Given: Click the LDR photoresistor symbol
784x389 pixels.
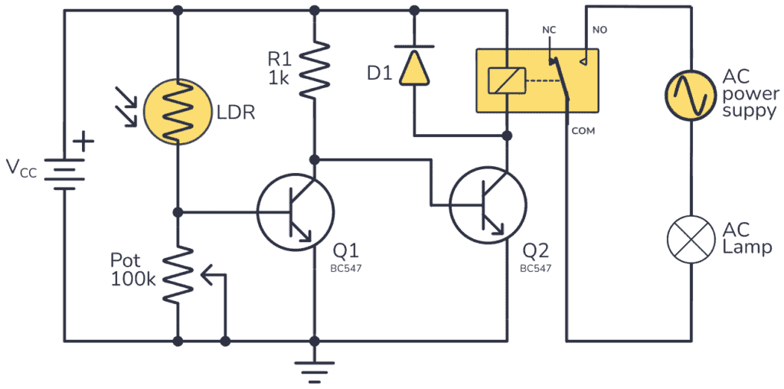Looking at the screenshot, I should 177,113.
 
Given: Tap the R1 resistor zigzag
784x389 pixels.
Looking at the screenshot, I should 314,70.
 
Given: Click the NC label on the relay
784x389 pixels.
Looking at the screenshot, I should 549,30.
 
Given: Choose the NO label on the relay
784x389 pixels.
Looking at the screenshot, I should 599,30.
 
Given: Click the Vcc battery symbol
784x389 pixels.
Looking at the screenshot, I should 62,172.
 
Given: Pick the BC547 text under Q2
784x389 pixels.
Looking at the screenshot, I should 535,270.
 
